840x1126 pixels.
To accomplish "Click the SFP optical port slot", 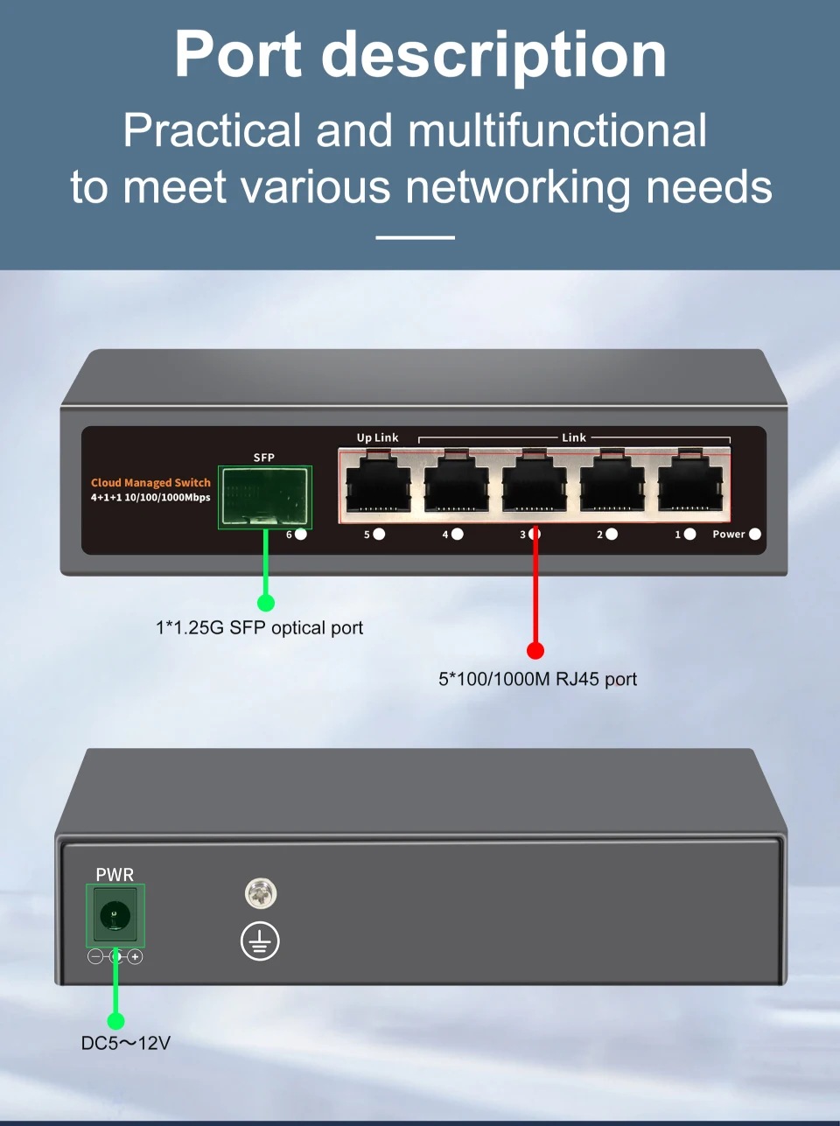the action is (x=265, y=497).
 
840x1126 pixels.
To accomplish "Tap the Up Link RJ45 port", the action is (x=378, y=484).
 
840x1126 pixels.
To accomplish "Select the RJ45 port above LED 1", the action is (x=690, y=484).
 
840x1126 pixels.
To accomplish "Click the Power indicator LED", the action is (x=755, y=534).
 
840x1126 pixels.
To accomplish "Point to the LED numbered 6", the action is (x=301, y=534).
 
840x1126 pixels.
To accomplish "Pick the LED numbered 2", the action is (x=612, y=534).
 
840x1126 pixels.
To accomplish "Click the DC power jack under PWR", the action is (x=115, y=916).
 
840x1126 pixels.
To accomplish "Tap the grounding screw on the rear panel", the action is (x=261, y=893).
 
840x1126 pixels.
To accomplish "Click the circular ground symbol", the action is (x=260, y=941).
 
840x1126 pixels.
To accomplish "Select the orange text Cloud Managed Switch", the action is (x=150, y=482).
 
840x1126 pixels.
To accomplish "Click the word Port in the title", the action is (x=238, y=55).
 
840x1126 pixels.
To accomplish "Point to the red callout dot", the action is (x=535, y=650).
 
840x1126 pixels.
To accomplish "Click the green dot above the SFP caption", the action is (x=266, y=603).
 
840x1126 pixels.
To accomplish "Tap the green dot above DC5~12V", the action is (x=115, y=1021).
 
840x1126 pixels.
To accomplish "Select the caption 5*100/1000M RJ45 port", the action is (x=537, y=679).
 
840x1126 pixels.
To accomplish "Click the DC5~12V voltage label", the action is (x=125, y=1043).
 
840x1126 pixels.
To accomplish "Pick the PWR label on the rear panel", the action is (x=115, y=874).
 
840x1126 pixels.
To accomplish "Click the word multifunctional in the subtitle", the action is (x=557, y=131).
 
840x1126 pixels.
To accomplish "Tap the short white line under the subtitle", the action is (x=415, y=237).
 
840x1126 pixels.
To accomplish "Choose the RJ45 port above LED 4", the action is (x=456, y=484).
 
